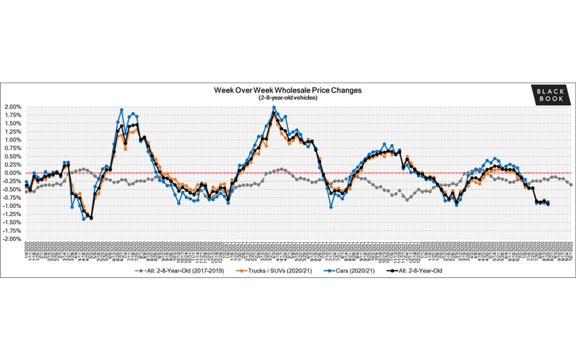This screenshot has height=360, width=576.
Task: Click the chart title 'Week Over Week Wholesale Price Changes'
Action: point(288,91)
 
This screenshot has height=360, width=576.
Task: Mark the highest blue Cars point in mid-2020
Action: point(121,110)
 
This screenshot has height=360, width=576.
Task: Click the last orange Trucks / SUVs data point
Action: point(548,205)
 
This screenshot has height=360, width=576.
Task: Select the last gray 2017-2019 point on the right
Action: point(571,184)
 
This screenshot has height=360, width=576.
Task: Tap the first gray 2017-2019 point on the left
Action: point(26,191)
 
